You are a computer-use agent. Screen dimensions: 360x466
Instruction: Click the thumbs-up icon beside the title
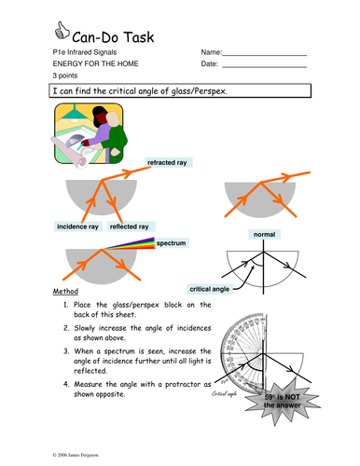[62, 31]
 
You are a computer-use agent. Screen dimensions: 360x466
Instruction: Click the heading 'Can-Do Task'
[113, 37]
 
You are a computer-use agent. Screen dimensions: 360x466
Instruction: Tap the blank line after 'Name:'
[265, 55]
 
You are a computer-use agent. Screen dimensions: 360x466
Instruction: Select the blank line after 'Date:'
[265, 67]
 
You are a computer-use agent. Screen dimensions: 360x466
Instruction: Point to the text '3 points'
[65, 75]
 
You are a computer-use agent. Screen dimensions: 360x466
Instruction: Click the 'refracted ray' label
[167, 162]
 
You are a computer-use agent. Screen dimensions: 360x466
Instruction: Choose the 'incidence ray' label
[77, 226]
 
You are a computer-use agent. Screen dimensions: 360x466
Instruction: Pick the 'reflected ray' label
[130, 226]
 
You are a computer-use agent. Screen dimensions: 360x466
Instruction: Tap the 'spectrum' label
[172, 243]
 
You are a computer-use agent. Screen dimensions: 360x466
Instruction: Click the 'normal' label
[264, 234]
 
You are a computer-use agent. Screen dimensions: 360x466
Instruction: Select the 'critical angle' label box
[210, 289]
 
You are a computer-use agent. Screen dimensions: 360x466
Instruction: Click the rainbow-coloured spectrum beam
[133, 244]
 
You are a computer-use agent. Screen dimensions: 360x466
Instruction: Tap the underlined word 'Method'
[65, 292]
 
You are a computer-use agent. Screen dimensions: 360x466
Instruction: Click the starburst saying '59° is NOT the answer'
[282, 402]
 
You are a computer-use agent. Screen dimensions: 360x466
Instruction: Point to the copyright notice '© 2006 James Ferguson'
[76, 455]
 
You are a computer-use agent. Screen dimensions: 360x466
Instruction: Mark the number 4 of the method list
[66, 384]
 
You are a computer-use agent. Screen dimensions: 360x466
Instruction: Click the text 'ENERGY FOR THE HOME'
[95, 63]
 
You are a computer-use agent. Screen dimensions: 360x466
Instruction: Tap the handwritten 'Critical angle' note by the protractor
[224, 394]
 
